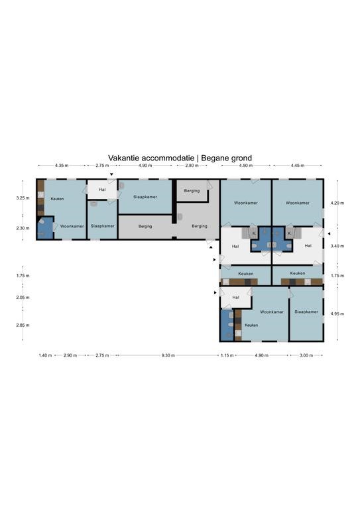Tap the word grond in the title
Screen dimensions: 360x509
241,158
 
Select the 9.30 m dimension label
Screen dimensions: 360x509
168,355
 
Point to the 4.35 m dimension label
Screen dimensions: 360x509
62,165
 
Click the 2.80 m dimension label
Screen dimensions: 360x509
192,165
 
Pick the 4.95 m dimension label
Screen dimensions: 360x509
337,314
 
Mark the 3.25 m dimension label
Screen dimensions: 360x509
23,198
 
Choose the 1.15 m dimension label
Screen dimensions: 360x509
227,355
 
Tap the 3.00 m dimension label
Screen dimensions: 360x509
306,355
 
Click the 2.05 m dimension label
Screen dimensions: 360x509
23,298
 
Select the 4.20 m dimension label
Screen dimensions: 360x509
337,203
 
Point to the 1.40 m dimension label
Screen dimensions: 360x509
45,355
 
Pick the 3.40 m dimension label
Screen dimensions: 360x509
337,246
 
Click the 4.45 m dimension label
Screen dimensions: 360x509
298,165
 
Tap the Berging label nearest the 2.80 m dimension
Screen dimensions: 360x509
192,191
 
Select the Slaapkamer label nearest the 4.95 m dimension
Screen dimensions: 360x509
306,311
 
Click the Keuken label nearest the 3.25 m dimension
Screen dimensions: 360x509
57,199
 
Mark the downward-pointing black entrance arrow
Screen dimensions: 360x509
111,175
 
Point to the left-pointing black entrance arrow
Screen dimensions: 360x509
329,234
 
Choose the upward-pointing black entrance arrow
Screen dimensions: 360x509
211,247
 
